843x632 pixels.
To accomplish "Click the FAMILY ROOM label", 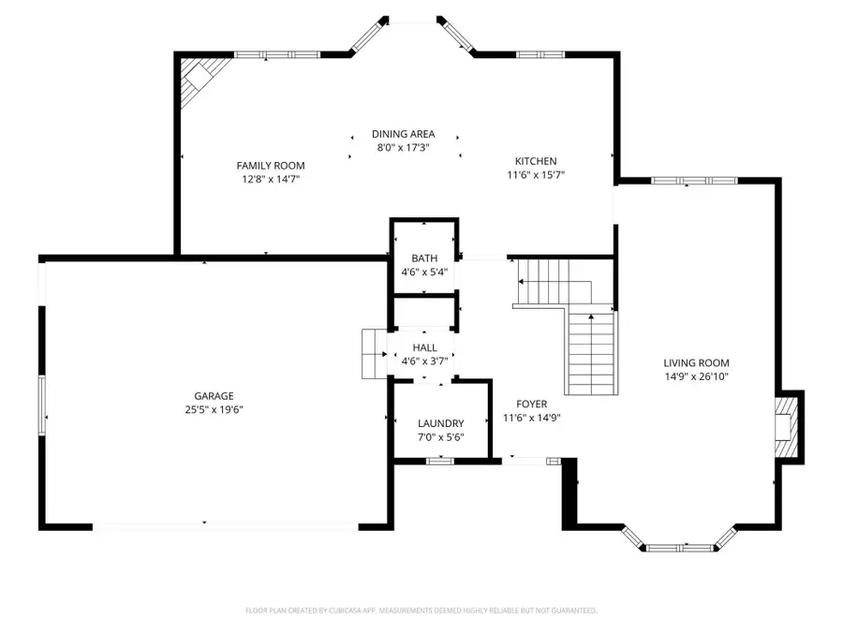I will click(x=270, y=166).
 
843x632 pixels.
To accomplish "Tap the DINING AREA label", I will click(x=403, y=135).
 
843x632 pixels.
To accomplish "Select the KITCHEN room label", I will click(x=535, y=161).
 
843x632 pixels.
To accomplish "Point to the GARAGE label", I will click(x=214, y=396).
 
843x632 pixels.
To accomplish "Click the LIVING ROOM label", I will click(x=696, y=363).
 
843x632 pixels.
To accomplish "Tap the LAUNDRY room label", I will click(x=441, y=423).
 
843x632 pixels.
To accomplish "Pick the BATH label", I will click(x=424, y=258).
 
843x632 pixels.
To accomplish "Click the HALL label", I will click(x=424, y=348).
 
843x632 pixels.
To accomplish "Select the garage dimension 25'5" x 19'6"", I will click(x=214, y=409).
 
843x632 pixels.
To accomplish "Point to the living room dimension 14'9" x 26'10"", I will click(x=696, y=376).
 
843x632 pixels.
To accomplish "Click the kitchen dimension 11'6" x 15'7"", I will click(x=535, y=174).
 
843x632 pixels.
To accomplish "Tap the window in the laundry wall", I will click(x=440, y=460).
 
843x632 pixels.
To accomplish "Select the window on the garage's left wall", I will click(x=41, y=404).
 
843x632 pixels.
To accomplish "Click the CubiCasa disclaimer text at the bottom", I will click(x=421, y=610).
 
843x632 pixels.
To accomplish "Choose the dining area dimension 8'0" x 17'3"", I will click(x=403, y=148).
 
